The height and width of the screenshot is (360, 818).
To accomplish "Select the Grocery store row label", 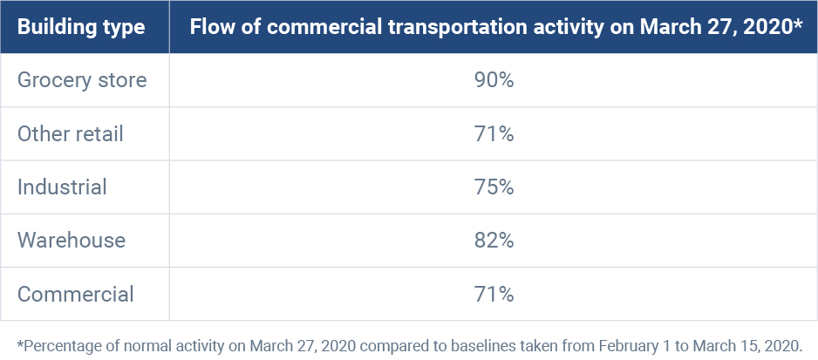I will (x=82, y=80).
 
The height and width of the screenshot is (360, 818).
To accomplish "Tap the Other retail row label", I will (x=71, y=133).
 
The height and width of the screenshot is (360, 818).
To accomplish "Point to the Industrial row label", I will (x=62, y=187).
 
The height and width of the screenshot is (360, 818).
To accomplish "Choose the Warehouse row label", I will (x=72, y=240).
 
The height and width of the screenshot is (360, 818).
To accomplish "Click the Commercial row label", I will (x=76, y=294).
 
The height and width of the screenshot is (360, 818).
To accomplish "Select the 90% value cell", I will (x=494, y=80).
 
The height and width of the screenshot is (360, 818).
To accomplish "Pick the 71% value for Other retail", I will (x=494, y=133).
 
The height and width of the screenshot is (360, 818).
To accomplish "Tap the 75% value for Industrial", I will (x=494, y=187).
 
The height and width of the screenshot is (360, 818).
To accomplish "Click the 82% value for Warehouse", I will (x=494, y=240).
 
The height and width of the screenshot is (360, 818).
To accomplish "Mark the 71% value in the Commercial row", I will (x=494, y=294).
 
